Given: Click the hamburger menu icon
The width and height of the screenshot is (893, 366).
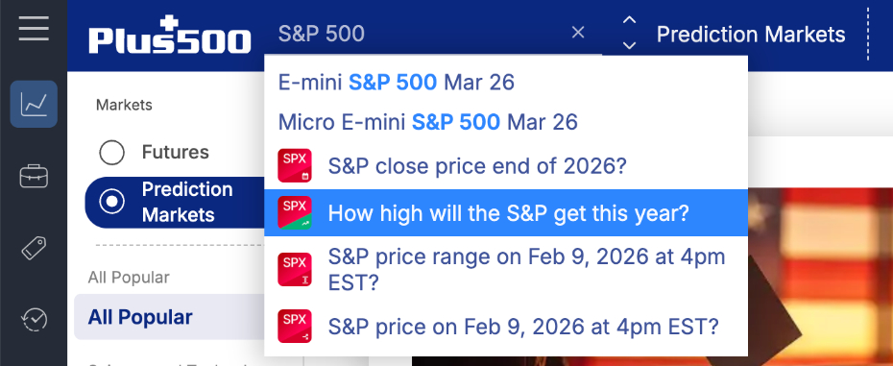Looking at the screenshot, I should pyautogui.click(x=33, y=28).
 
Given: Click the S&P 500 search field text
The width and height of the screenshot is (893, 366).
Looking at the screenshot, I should pyautogui.click(x=322, y=34).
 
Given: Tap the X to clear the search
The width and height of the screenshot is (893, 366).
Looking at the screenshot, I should pyautogui.click(x=578, y=33).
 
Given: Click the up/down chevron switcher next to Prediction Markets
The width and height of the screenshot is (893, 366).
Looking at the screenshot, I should pyautogui.click(x=629, y=33).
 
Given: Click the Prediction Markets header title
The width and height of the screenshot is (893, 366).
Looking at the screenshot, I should pyautogui.click(x=750, y=35).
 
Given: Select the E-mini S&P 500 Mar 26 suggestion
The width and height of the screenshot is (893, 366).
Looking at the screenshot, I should pyautogui.click(x=396, y=83).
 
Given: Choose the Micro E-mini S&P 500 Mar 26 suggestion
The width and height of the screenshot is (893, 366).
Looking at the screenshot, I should pyautogui.click(x=427, y=123).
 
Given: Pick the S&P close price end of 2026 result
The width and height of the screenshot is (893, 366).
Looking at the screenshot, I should pyautogui.click(x=477, y=166).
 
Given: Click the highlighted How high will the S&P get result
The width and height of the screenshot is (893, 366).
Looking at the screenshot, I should pyautogui.click(x=508, y=213).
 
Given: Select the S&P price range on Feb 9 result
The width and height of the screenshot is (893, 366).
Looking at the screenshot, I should pyautogui.click(x=526, y=270).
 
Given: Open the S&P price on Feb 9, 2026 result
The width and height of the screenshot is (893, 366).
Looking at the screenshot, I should pyautogui.click(x=523, y=326).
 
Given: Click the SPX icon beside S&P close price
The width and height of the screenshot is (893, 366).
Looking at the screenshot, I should pyautogui.click(x=294, y=166).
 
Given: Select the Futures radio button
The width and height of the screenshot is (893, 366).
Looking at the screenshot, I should pyautogui.click(x=112, y=153).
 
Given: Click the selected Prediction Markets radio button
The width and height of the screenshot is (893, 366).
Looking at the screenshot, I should pyautogui.click(x=112, y=202).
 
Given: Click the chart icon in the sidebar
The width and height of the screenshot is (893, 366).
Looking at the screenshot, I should pyautogui.click(x=34, y=104).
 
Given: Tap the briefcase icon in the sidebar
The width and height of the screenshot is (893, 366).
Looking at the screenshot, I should pyautogui.click(x=34, y=177).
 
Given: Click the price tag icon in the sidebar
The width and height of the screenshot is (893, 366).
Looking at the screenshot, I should pyautogui.click(x=34, y=249).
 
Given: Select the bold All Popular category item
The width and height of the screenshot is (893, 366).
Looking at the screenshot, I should pyautogui.click(x=140, y=317).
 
